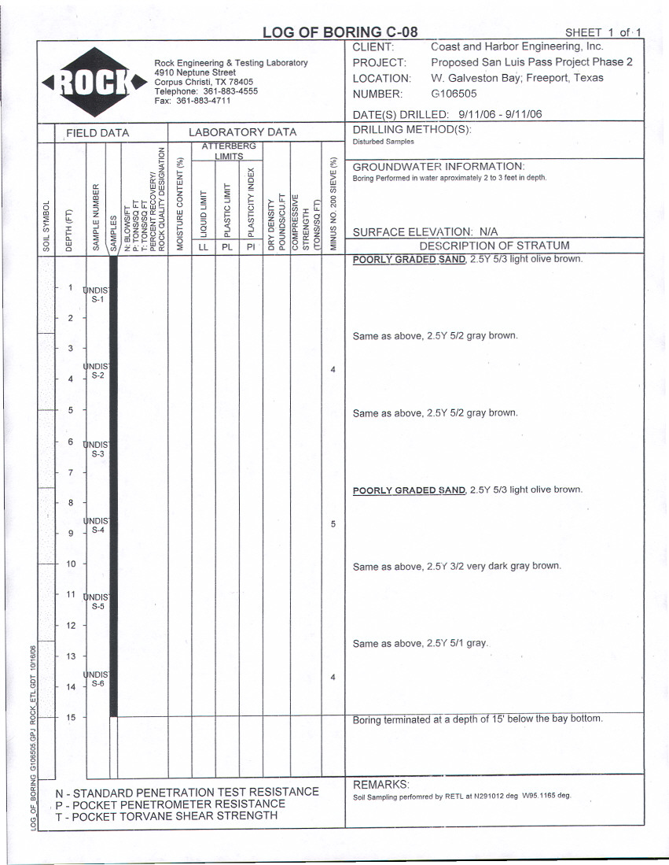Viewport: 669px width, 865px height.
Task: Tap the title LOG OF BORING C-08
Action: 340,32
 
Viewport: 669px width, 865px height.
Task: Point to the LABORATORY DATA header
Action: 242,132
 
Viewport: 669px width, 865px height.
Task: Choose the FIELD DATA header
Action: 97,132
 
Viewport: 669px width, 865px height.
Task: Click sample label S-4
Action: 97,530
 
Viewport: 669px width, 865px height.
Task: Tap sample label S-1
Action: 97,299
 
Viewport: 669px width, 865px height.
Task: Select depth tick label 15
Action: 70,717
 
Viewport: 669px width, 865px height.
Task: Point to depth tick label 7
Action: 70,472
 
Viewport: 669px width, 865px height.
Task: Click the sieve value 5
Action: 333,523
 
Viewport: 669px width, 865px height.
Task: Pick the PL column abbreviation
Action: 227,246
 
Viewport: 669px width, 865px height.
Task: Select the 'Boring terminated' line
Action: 477,719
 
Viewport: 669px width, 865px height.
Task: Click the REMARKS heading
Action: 381,785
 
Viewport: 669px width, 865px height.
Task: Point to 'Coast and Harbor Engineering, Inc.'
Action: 516,46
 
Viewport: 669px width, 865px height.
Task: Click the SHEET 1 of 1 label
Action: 603,32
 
